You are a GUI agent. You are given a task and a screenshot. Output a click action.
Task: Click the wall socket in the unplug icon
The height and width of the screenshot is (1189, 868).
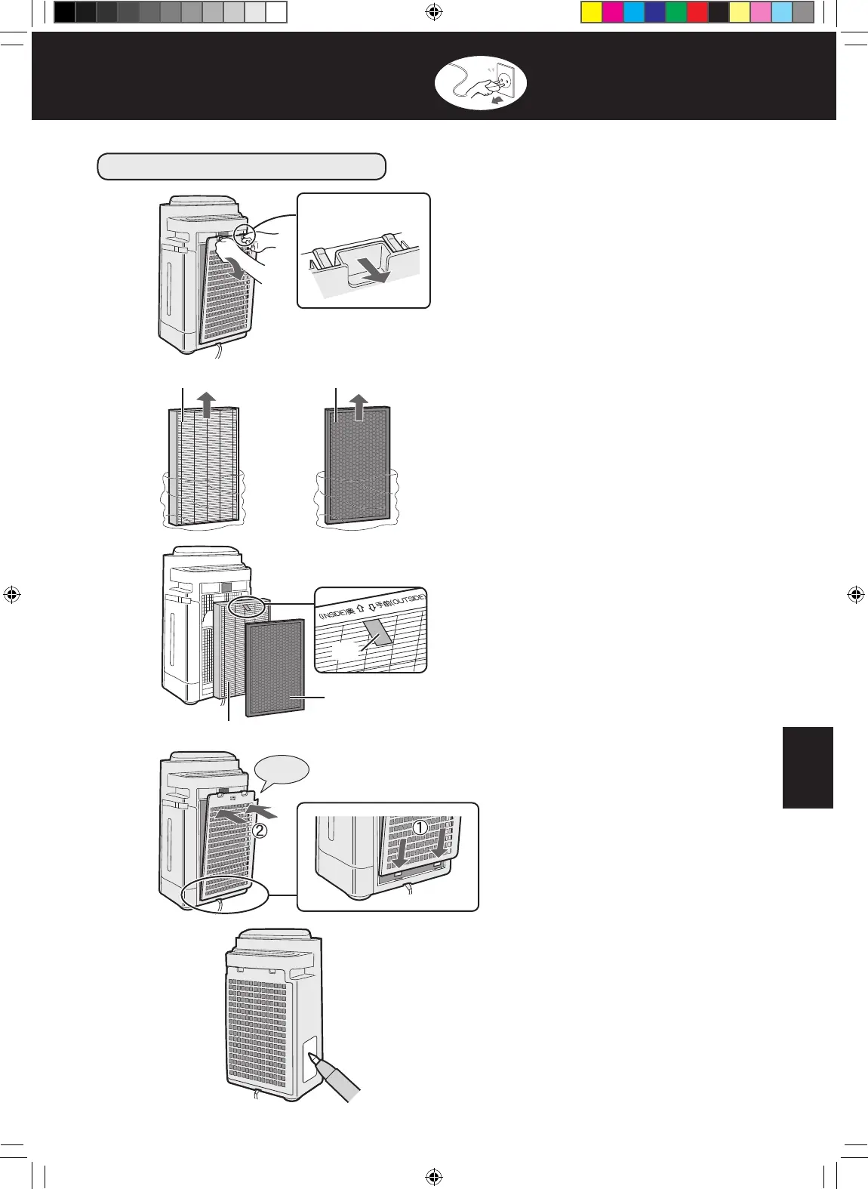503,79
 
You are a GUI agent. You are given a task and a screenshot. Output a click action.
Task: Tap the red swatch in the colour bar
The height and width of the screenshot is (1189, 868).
697,13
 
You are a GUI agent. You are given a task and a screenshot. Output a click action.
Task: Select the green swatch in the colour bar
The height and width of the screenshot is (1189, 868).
676,13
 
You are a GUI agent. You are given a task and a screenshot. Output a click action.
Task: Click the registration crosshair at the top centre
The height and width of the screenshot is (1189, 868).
433,11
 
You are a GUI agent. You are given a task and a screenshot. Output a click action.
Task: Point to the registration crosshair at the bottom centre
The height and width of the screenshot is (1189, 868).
433,1175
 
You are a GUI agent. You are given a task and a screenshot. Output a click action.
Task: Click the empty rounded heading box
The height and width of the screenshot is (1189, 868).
242,166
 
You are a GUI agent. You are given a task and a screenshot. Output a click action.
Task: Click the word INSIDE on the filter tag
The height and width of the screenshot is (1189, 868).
333,616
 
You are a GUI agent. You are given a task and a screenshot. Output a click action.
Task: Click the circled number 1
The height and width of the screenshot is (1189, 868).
420,827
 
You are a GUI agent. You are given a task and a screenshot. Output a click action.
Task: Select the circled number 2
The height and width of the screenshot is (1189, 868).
259,831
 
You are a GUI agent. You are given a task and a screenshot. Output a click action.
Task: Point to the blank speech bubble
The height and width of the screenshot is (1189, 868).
283,772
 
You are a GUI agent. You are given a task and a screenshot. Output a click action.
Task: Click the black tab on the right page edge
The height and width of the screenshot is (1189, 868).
808,767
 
